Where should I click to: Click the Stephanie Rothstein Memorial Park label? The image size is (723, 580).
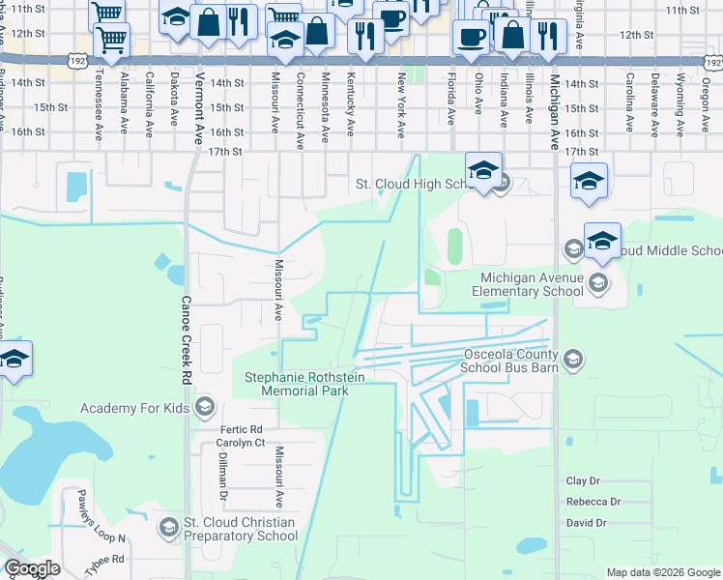[x=304, y=384]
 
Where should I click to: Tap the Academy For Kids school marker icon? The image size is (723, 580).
[x=204, y=407]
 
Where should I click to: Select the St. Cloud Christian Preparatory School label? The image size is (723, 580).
[x=241, y=530]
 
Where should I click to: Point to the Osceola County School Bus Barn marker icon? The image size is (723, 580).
[x=573, y=361]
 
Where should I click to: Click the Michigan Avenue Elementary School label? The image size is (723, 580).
[x=534, y=284]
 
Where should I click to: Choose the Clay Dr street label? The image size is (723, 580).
[x=583, y=480]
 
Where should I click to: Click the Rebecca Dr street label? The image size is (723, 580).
[x=593, y=502]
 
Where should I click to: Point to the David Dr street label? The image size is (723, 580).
[x=587, y=523]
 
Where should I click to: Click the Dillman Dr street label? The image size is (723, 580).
[x=222, y=477]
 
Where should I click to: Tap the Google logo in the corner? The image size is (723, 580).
[x=31, y=569]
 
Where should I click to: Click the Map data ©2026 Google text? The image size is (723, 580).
[x=662, y=572]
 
